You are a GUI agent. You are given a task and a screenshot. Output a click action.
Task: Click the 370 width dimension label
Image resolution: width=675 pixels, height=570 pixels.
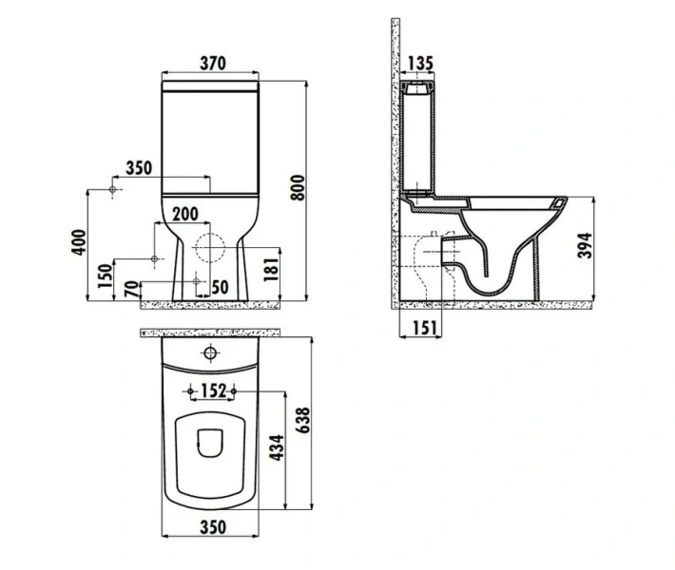[212, 64]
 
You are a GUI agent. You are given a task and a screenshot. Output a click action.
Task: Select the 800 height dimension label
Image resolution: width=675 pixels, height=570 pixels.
[297, 190]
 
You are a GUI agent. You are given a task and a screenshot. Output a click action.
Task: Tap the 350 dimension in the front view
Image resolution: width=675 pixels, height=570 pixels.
[139, 168]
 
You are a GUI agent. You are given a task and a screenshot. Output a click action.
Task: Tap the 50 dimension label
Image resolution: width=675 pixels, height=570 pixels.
[220, 286]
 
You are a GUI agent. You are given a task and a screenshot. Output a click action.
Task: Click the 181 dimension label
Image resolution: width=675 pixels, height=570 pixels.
[270, 269]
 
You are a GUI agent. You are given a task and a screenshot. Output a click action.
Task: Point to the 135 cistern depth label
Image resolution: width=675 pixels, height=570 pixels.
[419, 65]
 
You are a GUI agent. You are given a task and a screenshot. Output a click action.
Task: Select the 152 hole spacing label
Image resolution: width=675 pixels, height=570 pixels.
[212, 390]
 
